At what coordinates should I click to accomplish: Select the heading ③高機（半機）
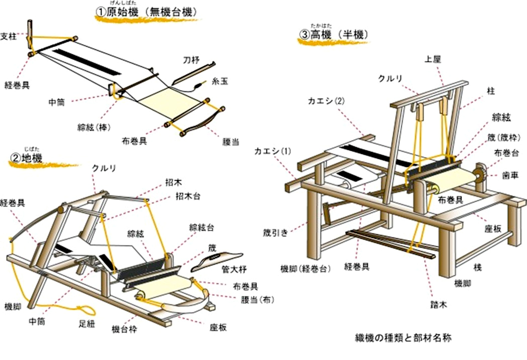334,35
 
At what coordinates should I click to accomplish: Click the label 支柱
10,36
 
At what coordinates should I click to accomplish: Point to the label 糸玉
220,80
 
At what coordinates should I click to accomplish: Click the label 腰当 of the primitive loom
230,142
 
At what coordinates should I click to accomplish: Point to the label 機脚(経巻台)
305,268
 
